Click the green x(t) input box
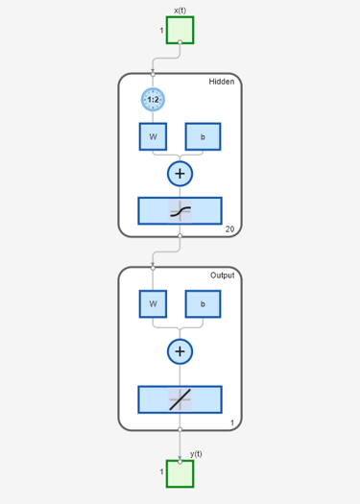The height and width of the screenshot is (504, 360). pyautogui.click(x=180, y=30)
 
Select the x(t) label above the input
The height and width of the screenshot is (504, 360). pyautogui.click(x=180, y=11)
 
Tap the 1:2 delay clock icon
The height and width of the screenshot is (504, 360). pyautogui.click(x=153, y=100)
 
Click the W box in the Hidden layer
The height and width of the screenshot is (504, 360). pyautogui.click(x=153, y=136)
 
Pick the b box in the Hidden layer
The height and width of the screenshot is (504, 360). pyautogui.click(x=203, y=136)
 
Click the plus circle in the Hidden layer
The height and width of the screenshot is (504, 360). pyautogui.click(x=180, y=174)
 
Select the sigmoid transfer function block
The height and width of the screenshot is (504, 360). pyautogui.click(x=180, y=211)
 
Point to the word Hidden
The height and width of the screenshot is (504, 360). pyautogui.click(x=222, y=82)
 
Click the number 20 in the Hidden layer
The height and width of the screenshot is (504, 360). pyautogui.click(x=229, y=229)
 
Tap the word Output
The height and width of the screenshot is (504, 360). pyautogui.click(x=222, y=276)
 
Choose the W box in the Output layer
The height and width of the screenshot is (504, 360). pyautogui.click(x=153, y=304)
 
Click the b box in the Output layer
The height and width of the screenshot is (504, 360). pyautogui.click(x=203, y=304)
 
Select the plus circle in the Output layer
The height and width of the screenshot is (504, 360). pyautogui.click(x=180, y=351)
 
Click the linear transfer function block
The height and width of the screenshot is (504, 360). pyautogui.click(x=180, y=399)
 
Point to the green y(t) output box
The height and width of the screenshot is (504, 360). pyautogui.click(x=180, y=474)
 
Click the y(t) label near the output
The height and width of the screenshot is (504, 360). pyautogui.click(x=196, y=454)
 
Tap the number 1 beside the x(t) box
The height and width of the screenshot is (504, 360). pyautogui.click(x=161, y=31)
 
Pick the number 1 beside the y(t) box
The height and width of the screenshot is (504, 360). pyautogui.click(x=161, y=472)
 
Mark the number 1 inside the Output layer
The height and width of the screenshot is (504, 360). pyautogui.click(x=232, y=423)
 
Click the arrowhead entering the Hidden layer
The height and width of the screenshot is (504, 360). pyautogui.click(x=153, y=71)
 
